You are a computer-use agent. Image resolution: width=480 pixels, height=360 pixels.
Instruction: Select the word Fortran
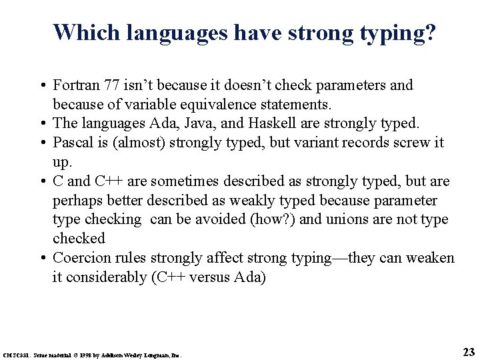point(77,85)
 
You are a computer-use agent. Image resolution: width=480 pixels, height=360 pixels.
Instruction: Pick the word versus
point(209,277)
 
